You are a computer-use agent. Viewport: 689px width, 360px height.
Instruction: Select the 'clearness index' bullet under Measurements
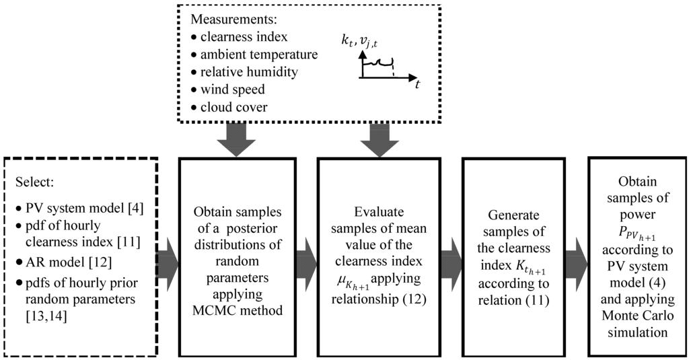(240, 37)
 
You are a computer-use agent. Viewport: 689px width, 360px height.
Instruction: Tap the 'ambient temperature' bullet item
(254, 55)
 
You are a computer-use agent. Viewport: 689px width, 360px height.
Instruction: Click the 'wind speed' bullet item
(228, 89)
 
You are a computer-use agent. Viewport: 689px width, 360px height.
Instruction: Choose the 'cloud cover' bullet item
(229, 107)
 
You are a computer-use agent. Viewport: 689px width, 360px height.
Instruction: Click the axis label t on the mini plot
(417, 84)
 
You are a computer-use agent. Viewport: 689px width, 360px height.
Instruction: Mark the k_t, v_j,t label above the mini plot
(360, 41)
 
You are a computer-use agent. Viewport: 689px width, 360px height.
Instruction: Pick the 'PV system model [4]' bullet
(79, 208)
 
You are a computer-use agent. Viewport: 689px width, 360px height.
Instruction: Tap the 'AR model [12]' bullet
(64, 262)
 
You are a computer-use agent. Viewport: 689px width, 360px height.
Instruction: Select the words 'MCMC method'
(238, 310)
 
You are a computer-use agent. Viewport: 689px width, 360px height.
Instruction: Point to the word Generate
(513, 215)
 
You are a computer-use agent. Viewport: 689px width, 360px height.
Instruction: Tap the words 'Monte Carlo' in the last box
(637, 316)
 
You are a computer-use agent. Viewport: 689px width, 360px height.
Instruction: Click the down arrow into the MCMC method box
(236, 140)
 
